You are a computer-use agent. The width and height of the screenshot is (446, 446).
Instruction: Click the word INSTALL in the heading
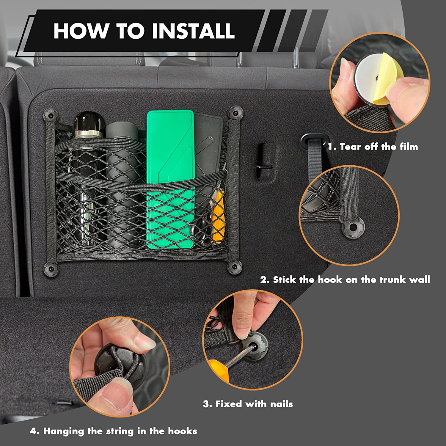[x=193, y=31]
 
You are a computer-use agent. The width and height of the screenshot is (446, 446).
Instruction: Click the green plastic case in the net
[x=170, y=178]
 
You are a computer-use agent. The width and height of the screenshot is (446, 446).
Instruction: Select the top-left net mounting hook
[x=50, y=114]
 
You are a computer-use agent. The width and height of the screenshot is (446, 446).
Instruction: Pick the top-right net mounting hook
[x=235, y=113]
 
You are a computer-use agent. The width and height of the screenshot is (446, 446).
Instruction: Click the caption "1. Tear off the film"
[x=373, y=147]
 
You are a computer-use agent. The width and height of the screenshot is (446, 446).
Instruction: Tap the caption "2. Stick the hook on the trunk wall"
[x=345, y=279]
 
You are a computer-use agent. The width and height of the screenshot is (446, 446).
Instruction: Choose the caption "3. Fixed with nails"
[x=248, y=404]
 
